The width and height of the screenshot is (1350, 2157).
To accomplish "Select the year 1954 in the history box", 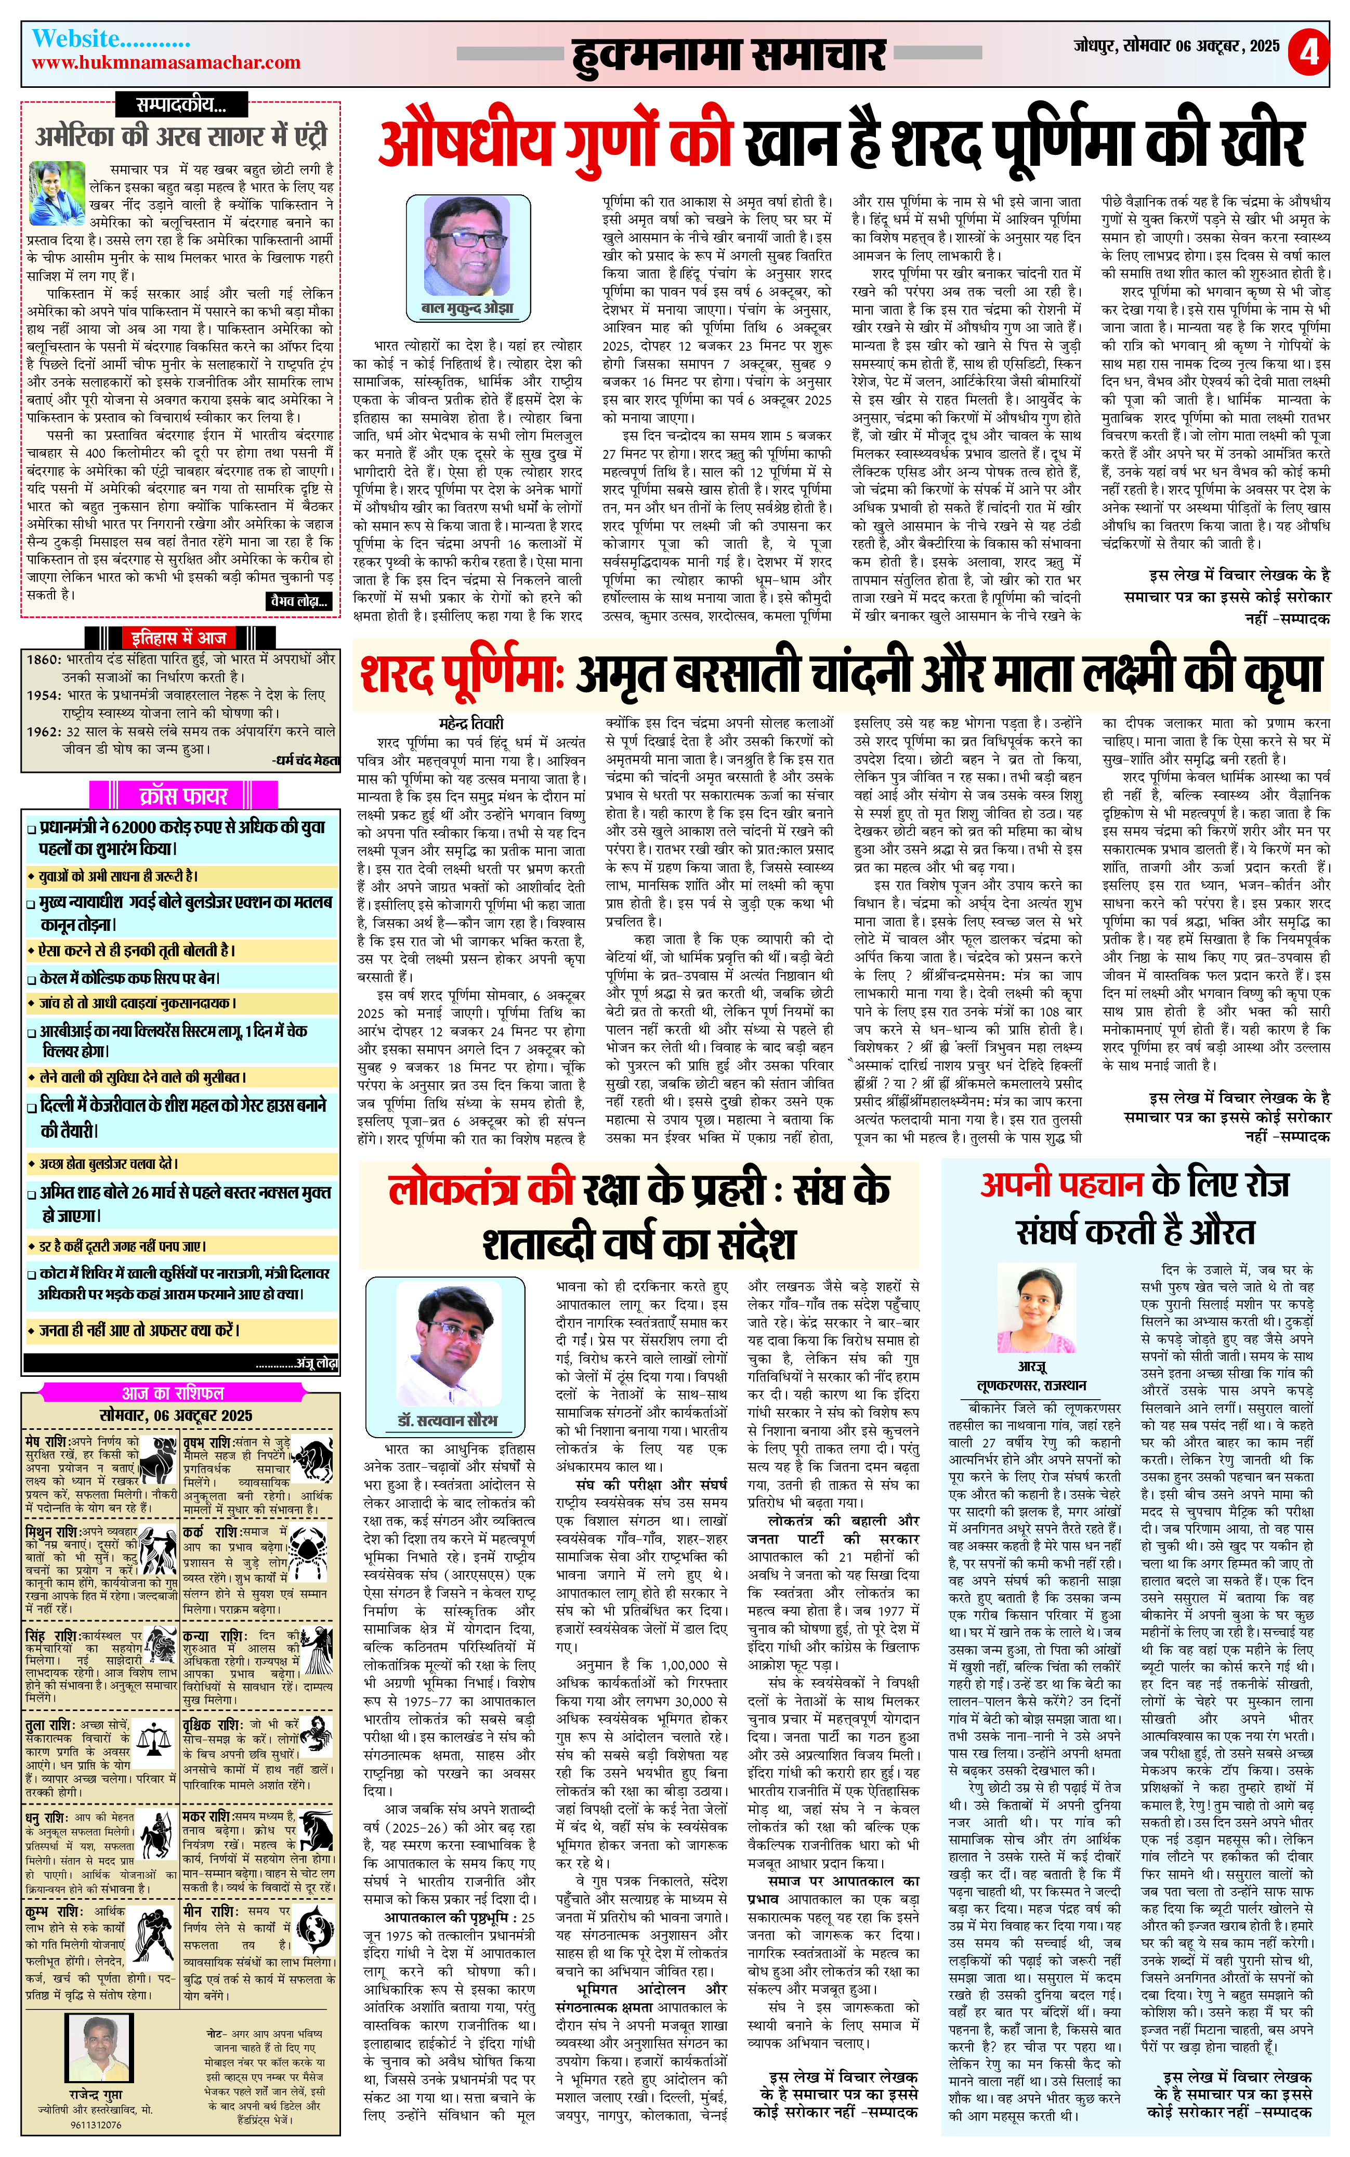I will tap(43, 694).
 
